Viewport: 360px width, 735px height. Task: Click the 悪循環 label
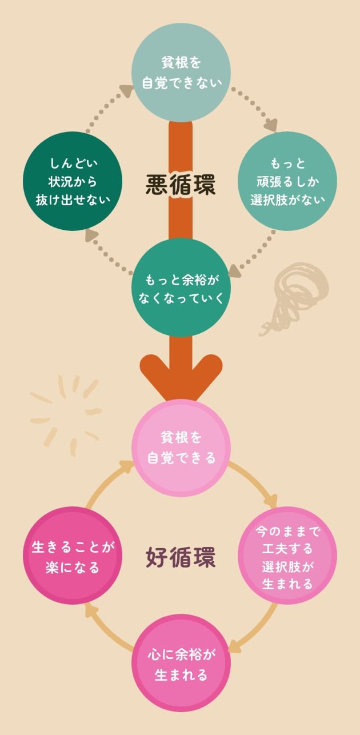click(x=181, y=183)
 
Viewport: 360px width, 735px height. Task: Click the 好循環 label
click(x=181, y=557)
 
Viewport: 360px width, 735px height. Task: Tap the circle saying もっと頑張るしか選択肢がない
click(x=287, y=181)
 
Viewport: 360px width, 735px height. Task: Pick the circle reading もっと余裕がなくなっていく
click(x=181, y=287)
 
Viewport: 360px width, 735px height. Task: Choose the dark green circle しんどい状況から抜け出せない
click(x=73, y=181)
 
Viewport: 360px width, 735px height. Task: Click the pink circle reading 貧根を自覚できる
click(x=181, y=448)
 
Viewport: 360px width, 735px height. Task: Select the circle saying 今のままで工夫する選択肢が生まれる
click(x=287, y=556)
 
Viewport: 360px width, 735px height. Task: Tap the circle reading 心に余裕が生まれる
click(x=181, y=664)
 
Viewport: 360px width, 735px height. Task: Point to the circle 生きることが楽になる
click(x=73, y=556)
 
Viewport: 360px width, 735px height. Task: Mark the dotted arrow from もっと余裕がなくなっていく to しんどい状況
click(x=109, y=251)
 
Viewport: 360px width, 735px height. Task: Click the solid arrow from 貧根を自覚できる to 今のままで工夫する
click(x=255, y=483)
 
